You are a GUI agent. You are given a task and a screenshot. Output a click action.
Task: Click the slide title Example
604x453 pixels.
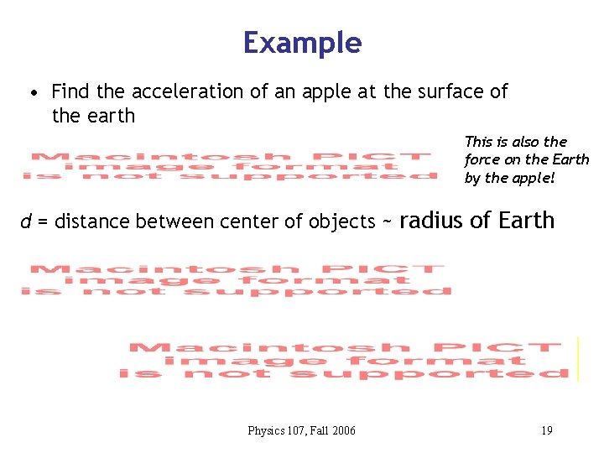pyautogui.click(x=302, y=43)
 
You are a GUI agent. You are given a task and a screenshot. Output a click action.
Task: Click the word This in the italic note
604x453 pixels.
pyautogui.click(x=478, y=142)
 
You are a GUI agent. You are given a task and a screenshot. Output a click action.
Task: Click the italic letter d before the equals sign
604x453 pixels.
pyautogui.click(x=27, y=222)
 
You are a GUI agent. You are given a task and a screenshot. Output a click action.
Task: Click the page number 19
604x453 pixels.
pyautogui.click(x=546, y=431)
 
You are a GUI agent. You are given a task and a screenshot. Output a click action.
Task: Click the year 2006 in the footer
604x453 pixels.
pyautogui.click(x=344, y=431)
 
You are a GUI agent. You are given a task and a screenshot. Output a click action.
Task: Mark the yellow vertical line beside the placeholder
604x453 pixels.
pyautogui.click(x=578, y=359)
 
